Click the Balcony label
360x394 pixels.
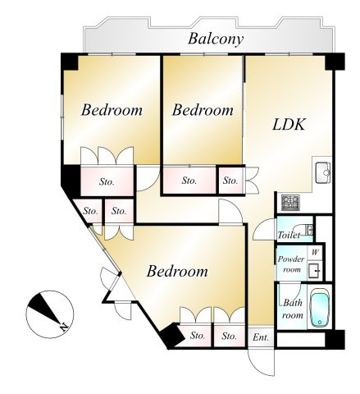click(216, 39)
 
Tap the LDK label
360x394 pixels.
click(289, 125)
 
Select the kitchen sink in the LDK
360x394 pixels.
click(323, 173)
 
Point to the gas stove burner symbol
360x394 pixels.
click(290, 203)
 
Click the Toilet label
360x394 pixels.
click(289, 235)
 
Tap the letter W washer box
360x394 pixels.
click(315, 253)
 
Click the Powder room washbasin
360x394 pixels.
click(315, 270)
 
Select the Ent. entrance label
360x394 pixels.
click(261, 337)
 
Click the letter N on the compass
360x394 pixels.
click(64, 327)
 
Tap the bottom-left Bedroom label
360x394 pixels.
click(177, 272)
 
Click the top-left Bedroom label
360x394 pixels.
click(112, 110)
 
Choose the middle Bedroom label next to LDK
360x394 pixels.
click(203, 110)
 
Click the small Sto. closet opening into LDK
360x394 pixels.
click(230, 181)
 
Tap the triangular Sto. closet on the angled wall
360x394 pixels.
click(89, 210)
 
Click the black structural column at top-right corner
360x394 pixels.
click(335, 62)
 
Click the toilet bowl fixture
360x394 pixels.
click(305, 230)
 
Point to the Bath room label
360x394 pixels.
click(293, 309)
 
